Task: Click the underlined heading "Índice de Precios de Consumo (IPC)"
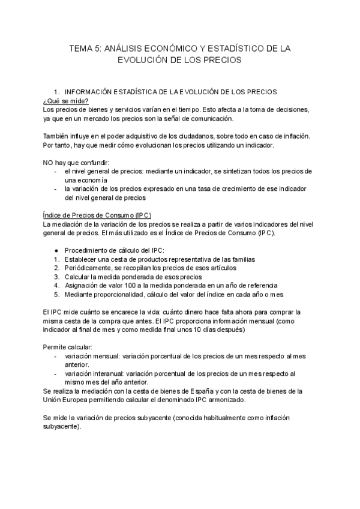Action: pos(97,215)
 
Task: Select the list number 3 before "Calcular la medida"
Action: pos(55,277)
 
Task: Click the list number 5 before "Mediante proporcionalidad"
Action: pos(55,294)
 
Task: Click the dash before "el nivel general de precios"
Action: pos(56,172)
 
